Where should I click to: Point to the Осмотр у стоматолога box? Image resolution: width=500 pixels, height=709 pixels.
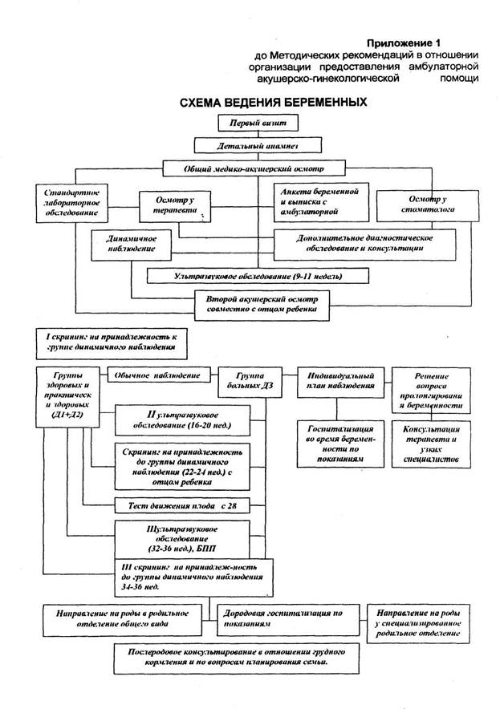click(x=426, y=204)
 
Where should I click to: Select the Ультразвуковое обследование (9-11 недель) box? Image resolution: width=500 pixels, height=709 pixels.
click(x=258, y=276)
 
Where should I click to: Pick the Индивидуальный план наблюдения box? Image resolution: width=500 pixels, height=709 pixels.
click(x=342, y=380)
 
